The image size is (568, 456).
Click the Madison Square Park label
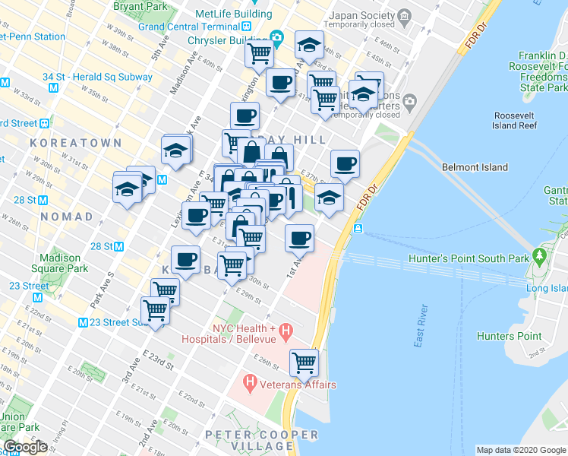pyautogui.click(x=61, y=263)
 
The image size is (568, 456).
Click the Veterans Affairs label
pyautogui.click(x=298, y=385)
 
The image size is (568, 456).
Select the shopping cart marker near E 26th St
pyautogui.click(x=305, y=363)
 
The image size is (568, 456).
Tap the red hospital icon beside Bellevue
pyautogui.click(x=286, y=331)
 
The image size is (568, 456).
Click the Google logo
pyautogui.click(x=24, y=447)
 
